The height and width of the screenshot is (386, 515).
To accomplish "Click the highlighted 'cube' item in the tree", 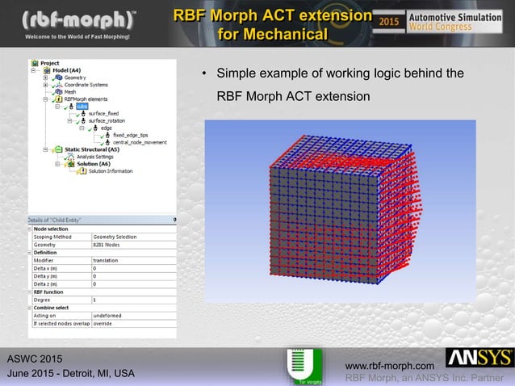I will (x=82, y=107).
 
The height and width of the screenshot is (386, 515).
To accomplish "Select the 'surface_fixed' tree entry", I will (x=103, y=114).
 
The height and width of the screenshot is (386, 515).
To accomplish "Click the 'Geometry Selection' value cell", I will (x=117, y=237).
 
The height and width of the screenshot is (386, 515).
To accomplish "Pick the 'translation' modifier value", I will (x=107, y=260).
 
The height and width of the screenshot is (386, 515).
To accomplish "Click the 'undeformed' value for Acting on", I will (x=108, y=315).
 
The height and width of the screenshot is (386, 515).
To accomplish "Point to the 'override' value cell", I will (x=106, y=323).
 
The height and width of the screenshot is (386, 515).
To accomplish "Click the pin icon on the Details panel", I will (x=174, y=219).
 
